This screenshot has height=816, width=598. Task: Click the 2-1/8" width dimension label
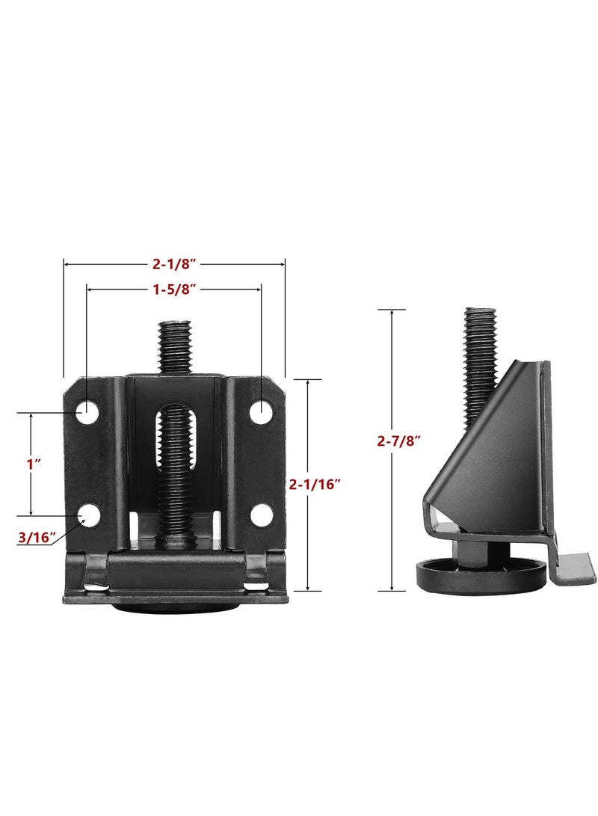[x=174, y=263]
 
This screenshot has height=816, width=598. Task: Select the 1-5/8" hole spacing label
[x=174, y=288]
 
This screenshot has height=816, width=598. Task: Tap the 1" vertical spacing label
[x=31, y=464]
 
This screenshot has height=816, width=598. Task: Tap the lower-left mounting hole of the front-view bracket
[x=89, y=515]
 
